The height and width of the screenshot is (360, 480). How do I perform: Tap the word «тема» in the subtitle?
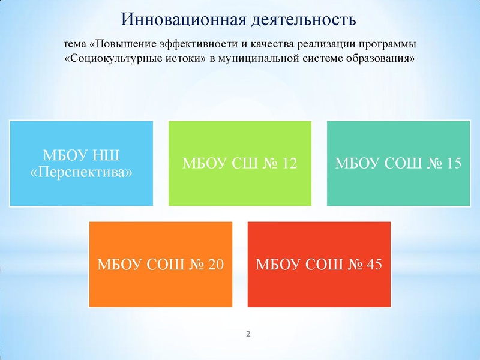pyautogui.click(x=75, y=46)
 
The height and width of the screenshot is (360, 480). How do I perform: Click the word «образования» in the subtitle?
pyautogui.click(x=382, y=59)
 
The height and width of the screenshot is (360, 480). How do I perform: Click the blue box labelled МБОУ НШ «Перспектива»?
pyautogui.click(x=81, y=164)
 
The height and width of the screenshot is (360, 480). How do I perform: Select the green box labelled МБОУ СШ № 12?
pyautogui.click(x=239, y=164)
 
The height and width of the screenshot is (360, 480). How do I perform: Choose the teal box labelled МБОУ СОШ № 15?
pyautogui.click(x=398, y=164)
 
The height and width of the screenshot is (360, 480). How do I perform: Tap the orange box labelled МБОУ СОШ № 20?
pyautogui.click(x=160, y=265)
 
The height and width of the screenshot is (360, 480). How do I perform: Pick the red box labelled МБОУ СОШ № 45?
pyautogui.click(x=319, y=265)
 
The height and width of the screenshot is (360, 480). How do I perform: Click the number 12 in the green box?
pyautogui.click(x=288, y=164)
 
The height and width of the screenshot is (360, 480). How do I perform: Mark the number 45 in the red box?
pyautogui.click(x=373, y=265)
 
